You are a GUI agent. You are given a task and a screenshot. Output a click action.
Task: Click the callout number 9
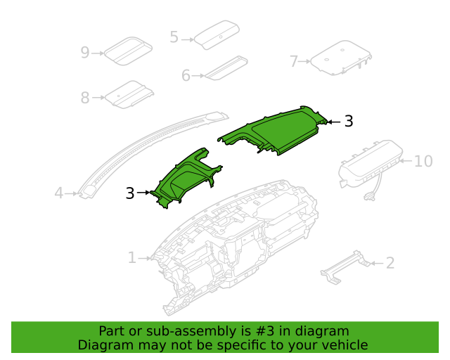(85, 52)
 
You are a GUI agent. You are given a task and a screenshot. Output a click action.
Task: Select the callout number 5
(174, 37)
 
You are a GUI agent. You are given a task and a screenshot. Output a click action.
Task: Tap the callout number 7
(295, 61)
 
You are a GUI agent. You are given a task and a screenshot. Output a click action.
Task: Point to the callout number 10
(423, 162)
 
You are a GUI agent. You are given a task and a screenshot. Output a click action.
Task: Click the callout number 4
(60, 193)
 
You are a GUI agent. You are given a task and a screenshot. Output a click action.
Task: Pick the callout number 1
(131, 258)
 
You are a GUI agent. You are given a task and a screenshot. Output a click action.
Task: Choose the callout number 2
(390, 264)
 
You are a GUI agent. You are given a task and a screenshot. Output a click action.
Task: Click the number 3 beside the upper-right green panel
(349, 122)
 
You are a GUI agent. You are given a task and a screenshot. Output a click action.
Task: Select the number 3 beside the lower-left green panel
(130, 193)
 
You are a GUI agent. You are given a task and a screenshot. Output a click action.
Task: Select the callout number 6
(186, 75)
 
